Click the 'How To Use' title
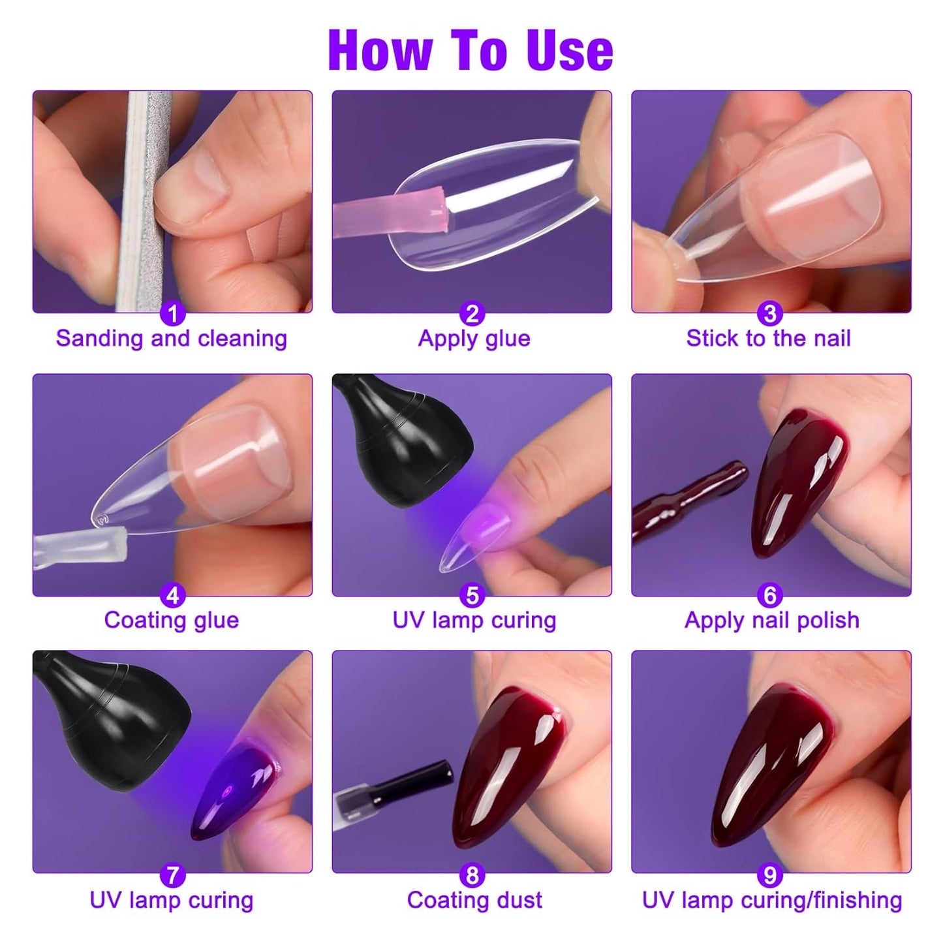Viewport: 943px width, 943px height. (471, 50)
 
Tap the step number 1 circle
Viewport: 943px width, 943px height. (173, 314)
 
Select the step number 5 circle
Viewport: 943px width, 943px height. (472, 595)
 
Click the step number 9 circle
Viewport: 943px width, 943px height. (770, 875)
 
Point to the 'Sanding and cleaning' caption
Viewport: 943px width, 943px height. (172, 339)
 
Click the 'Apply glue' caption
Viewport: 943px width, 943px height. (474, 339)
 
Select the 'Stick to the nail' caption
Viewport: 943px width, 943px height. (768, 339)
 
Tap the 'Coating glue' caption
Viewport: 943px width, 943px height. (172, 620)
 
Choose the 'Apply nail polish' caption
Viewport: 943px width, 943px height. (771, 620)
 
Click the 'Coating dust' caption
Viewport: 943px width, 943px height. (474, 901)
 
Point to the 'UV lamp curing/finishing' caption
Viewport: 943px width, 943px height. (772, 901)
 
